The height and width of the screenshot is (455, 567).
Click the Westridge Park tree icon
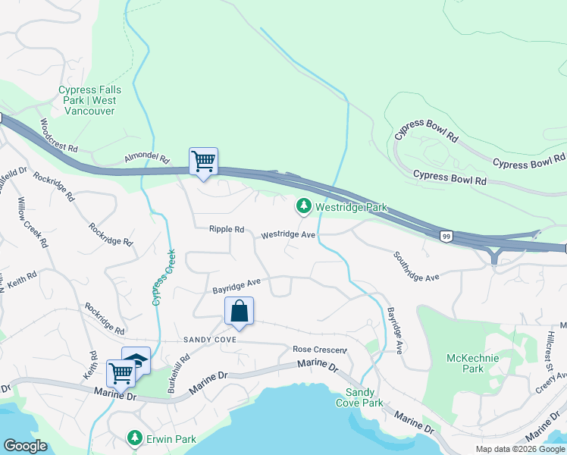(304, 206)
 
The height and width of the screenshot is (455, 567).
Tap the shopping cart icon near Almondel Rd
(203, 162)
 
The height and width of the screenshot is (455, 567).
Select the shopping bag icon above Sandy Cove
(239, 311)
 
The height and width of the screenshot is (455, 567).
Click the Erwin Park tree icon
(134, 438)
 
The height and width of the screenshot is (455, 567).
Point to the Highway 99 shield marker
(446, 237)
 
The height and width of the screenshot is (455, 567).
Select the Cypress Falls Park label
(87, 100)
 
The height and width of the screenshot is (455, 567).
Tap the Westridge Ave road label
(288, 235)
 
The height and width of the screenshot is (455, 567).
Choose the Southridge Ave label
(416, 267)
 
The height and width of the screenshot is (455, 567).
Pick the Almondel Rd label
(147, 160)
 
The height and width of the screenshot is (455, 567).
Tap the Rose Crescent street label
(319, 350)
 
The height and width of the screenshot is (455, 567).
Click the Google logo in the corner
(25, 445)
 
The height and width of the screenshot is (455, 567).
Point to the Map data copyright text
(519, 449)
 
